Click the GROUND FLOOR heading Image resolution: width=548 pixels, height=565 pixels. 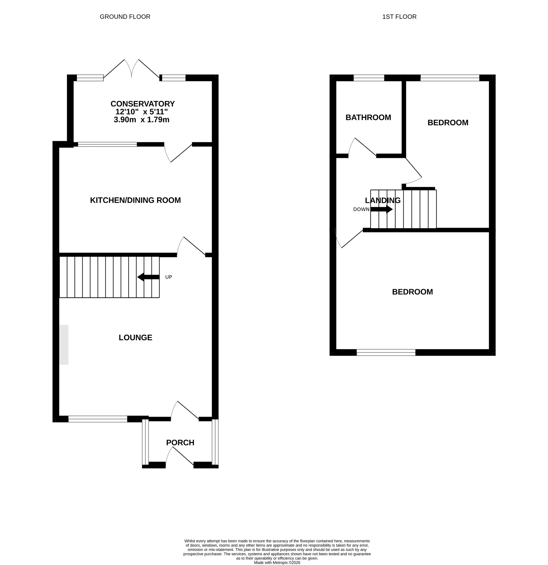[125, 17]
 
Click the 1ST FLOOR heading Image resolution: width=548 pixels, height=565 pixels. [399, 17]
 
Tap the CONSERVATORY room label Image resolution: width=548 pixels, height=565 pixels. [142, 104]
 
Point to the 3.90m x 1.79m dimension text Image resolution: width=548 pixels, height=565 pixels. [141, 120]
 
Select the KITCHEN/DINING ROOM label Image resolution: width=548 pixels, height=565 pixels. [135, 200]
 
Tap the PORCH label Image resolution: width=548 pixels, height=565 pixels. [180, 443]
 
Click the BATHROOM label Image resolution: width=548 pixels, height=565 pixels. [368, 117]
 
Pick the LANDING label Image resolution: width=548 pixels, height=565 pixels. [382, 200]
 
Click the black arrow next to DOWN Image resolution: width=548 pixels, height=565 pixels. [381, 209]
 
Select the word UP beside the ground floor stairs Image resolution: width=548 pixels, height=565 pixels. [168, 277]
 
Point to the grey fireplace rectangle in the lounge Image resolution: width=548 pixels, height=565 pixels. [64, 345]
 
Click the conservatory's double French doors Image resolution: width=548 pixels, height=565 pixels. [131, 69]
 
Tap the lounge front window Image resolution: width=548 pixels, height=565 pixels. [98, 419]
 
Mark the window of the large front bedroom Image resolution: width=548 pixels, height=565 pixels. [386, 352]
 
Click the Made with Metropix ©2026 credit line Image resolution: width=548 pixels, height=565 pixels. [277, 562]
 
